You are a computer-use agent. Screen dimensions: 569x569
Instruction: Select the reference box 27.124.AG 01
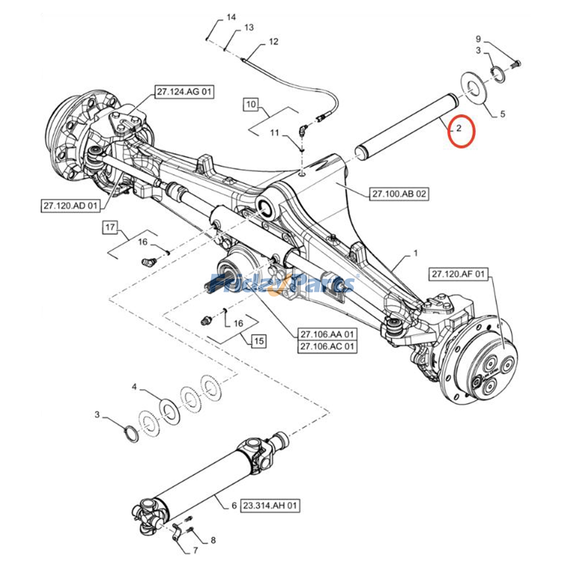tap(184, 92)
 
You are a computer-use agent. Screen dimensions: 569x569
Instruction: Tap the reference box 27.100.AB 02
tap(399, 194)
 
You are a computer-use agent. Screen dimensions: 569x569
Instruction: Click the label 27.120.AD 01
tap(70, 206)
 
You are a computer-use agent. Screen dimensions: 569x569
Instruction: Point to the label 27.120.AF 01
tap(458, 274)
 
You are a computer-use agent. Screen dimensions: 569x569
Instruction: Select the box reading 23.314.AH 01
tap(270, 505)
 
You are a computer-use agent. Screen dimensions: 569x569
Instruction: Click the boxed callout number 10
tap(251, 105)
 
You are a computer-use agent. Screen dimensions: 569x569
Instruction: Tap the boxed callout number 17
tap(110, 227)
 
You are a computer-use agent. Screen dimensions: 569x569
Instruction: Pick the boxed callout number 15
tap(259, 341)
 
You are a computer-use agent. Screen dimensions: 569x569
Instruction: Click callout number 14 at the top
tap(231, 17)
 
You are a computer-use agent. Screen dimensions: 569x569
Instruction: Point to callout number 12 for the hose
tap(273, 42)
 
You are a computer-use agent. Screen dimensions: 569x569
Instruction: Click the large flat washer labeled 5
tap(475, 89)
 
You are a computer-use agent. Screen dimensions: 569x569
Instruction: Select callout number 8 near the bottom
tap(213, 541)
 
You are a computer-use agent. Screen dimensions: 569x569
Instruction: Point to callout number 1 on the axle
tap(415, 254)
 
